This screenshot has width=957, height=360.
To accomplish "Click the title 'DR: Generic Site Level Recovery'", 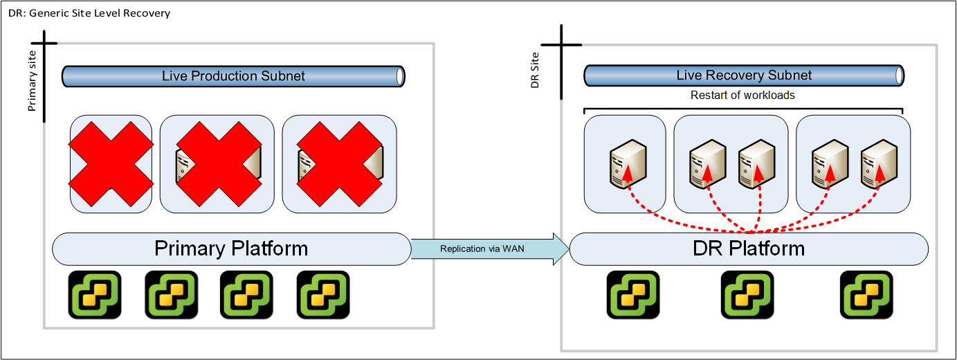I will click(89, 13).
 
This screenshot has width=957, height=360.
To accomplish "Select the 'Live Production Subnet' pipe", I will click(233, 76).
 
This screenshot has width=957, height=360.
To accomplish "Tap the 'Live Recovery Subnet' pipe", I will click(744, 75).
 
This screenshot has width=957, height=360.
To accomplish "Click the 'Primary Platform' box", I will click(231, 249).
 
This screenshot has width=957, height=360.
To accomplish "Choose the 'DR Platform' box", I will click(749, 249).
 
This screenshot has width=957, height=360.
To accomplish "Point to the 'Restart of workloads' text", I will click(742, 95).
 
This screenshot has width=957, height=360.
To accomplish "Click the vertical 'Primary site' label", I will click(32, 85).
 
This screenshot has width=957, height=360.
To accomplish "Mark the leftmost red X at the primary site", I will click(111, 163).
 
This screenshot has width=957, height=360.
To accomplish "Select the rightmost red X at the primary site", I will click(340, 163).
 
